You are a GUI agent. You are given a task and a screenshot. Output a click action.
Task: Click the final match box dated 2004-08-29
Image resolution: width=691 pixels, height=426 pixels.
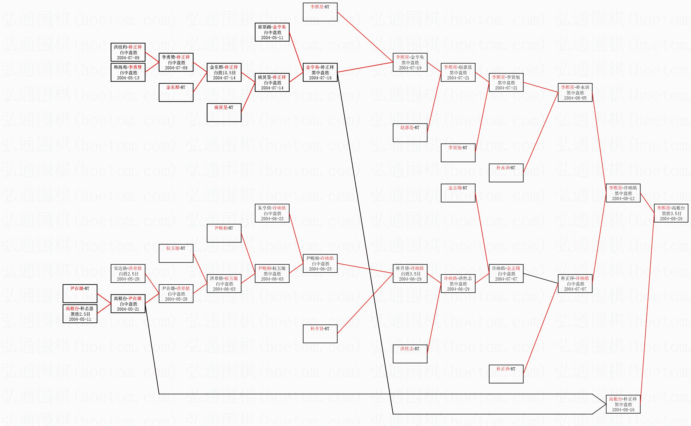pos(671,213)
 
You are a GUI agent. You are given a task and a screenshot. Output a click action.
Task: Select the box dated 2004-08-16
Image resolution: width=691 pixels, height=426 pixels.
pos(623,404)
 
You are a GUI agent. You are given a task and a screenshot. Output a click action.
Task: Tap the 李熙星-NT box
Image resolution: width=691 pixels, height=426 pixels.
pos(320,12)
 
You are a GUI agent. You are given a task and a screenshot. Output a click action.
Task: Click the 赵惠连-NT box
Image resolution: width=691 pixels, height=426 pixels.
pos(410,133)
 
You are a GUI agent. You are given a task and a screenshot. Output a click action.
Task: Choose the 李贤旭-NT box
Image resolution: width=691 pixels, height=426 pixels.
pos(458,153)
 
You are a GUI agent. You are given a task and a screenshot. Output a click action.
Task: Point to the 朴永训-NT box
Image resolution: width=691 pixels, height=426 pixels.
pos(506,173)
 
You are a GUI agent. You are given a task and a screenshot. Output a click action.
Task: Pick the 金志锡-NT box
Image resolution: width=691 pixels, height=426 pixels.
pos(458,193)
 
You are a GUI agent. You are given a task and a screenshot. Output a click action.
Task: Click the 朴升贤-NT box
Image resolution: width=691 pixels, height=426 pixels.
pos(320,334)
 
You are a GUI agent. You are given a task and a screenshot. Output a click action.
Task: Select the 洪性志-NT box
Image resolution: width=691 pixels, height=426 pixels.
pos(410,354)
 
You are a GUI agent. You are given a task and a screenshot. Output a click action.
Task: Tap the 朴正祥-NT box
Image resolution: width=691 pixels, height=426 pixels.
pos(506,374)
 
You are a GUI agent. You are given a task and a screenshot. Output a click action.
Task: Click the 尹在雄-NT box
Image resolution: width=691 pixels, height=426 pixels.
pos(80,294)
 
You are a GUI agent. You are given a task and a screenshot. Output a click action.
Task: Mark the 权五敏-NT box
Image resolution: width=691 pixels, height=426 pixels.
pos(176,253)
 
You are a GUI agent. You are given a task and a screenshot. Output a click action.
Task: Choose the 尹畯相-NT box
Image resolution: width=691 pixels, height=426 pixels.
pos(224,233)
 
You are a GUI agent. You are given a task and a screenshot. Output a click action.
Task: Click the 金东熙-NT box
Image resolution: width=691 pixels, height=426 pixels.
pos(176,92)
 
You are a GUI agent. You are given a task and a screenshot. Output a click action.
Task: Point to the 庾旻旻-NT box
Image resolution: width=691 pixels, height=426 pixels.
pos(224,112)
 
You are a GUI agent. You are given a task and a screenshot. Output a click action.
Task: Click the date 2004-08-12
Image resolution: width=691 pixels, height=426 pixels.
pos(623,199)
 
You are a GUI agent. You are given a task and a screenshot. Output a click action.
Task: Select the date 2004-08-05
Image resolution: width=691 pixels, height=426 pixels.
pos(575,98)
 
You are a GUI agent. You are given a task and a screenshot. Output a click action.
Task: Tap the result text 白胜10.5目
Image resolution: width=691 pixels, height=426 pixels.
pos(224,73)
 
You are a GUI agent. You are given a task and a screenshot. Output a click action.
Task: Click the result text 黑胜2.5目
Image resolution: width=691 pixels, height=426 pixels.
pos(80,314)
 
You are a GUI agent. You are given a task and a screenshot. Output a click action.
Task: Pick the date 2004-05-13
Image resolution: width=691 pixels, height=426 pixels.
pos(128,78)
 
